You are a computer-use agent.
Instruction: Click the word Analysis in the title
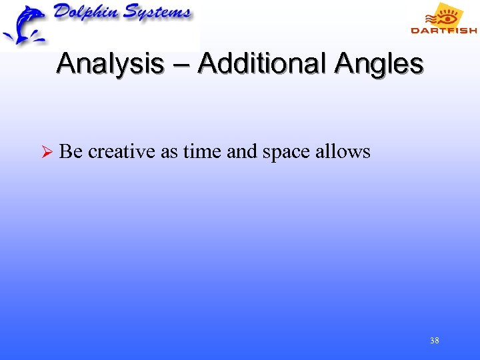111,65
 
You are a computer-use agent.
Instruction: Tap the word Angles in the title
379,65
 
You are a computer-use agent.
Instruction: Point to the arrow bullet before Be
46,153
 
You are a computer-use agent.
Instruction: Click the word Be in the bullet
71,152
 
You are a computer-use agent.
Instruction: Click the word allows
343,152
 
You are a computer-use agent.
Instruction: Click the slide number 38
434,341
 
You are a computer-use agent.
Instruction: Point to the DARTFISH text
443,30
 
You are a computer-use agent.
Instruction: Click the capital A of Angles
345,65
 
